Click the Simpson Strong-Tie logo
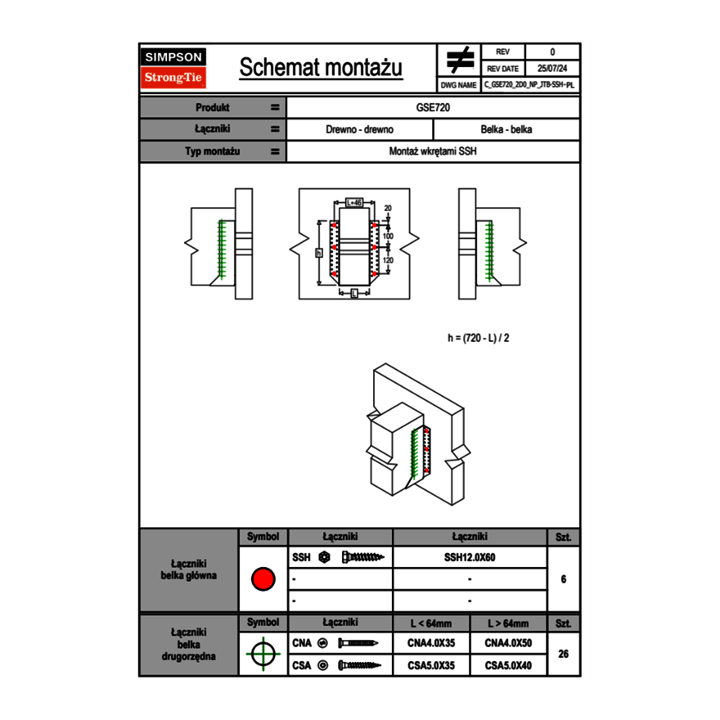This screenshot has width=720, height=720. tap(174, 68)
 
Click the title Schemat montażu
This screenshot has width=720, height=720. tap(321, 68)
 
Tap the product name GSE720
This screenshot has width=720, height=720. tap(434, 107)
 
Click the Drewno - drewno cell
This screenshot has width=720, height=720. tap(360, 129)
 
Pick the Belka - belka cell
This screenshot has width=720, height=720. tap(506, 129)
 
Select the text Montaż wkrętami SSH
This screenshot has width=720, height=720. tap(434, 151)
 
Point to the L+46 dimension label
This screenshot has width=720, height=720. tap(354, 201)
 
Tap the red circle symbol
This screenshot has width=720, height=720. tap(263, 579)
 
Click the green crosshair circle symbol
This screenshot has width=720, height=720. tap(263, 655)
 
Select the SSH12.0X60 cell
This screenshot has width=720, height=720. tap(470, 557)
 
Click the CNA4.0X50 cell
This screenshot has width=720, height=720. tap(508, 644)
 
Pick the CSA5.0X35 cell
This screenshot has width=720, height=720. tap(431, 665)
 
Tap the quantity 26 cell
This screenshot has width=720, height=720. tap(563, 654)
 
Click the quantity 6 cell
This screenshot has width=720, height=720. tap(563, 579)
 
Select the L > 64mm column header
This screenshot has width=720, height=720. tap(508, 623)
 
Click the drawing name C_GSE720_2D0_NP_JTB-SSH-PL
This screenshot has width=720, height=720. tap(529, 84)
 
